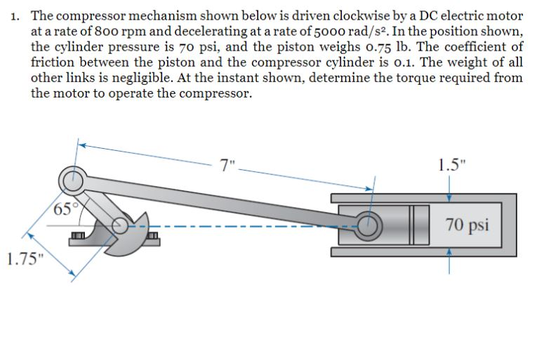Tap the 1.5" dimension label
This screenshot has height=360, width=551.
[449, 166]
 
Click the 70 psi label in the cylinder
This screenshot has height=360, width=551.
[467, 225]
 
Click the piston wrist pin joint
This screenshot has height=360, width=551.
[367, 225]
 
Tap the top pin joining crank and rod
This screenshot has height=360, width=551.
[69, 181]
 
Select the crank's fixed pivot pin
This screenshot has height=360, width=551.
[121, 225]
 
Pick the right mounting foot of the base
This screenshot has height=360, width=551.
[152, 242]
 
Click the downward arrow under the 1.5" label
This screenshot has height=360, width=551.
[449, 188]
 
